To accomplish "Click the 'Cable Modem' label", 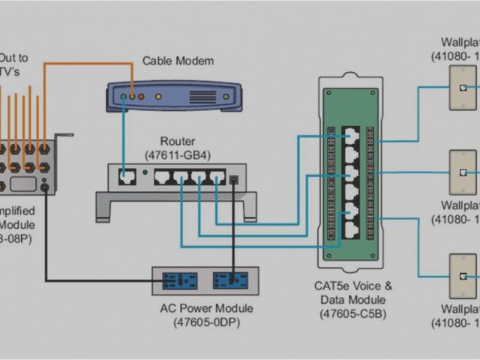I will (x=178, y=61).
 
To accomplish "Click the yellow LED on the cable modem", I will (x=157, y=96).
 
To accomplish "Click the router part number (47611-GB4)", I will (x=178, y=155).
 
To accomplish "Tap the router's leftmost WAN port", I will (x=126, y=178).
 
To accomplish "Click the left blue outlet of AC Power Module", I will (x=180, y=281).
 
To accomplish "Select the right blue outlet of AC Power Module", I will (x=229, y=281).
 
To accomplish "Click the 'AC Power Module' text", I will (x=207, y=308).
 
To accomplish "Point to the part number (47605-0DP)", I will (x=207, y=322).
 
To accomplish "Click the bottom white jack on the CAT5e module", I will (x=351, y=229).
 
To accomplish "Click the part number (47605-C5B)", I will (x=352, y=313).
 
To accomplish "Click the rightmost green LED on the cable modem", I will (x=225, y=96).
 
